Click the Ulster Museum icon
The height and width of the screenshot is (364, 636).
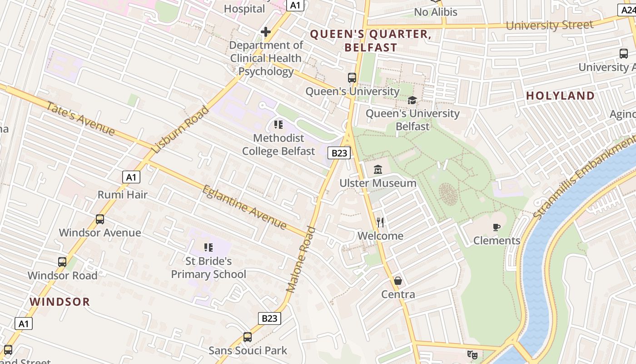pos(378,170)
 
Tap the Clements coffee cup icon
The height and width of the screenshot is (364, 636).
pos(497,227)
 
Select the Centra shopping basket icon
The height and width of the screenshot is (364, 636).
pos(398,281)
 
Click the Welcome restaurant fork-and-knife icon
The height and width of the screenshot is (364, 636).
pos(380,222)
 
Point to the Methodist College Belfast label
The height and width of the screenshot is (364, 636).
pos(278,144)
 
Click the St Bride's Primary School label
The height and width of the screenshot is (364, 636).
pos(209,268)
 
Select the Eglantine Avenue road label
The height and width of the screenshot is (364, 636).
pos(244,207)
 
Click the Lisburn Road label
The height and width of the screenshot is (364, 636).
pos(180,130)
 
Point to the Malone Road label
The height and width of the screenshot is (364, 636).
pos(301,259)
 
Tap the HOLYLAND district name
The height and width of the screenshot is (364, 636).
pos(560,96)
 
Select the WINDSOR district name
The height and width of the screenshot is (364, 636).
pos(60,302)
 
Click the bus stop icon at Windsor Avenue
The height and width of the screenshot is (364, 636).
pos(100,219)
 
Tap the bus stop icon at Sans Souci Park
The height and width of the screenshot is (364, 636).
pos(248,337)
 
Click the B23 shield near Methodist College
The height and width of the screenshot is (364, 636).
pos(339,153)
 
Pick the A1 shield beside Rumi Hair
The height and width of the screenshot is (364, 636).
pos(131,177)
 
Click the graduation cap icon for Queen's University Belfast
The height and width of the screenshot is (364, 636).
pos(412,100)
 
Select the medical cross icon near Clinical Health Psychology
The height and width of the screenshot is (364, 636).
pos(266,32)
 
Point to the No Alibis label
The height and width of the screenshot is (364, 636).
pos(436,12)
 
